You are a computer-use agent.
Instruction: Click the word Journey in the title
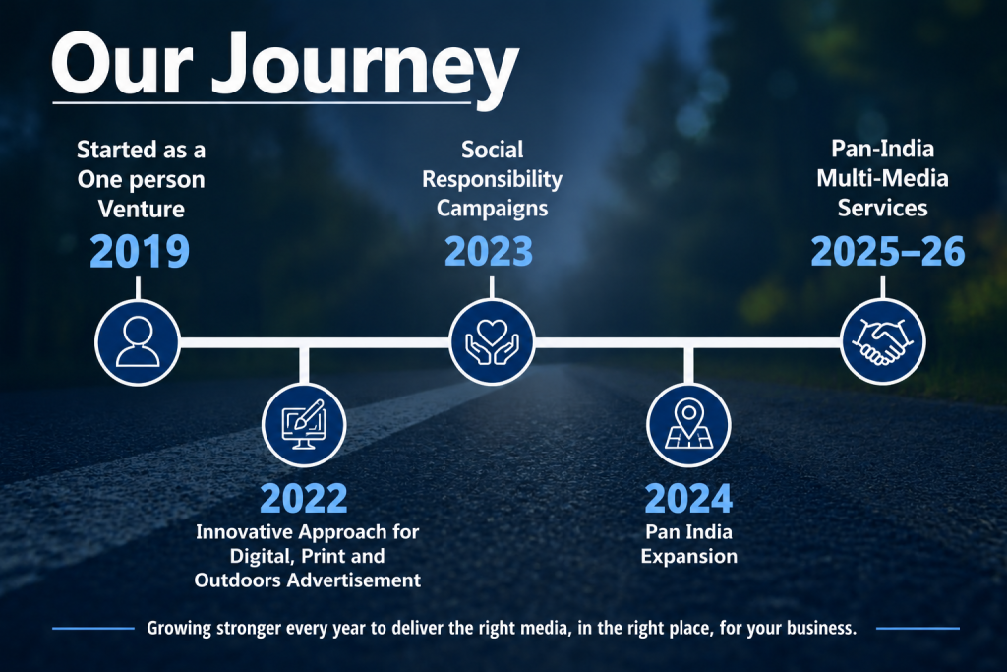pos(365,68)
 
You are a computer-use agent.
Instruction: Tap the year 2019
pos(140,251)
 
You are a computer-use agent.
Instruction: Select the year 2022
pos(304,498)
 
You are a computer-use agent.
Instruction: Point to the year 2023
pos(489,251)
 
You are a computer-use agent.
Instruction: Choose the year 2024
pos(688,498)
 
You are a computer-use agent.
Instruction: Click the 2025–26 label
pos(888,251)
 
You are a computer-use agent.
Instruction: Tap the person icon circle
pos(138,342)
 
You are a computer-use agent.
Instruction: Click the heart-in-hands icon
pos(492,342)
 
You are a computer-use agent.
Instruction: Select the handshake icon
pos(883,341)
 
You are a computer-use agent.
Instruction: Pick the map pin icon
pos(688,425)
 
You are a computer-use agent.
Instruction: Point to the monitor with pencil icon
pos(304,425)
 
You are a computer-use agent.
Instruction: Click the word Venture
pos(142,209)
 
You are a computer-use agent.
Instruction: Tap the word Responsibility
pos(492,179)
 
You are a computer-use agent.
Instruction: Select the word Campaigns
pos(492,209)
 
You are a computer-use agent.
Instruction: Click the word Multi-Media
pos(882,178)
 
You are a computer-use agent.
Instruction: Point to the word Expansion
pos(689,556)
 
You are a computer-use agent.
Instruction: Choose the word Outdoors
pos(238,580)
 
